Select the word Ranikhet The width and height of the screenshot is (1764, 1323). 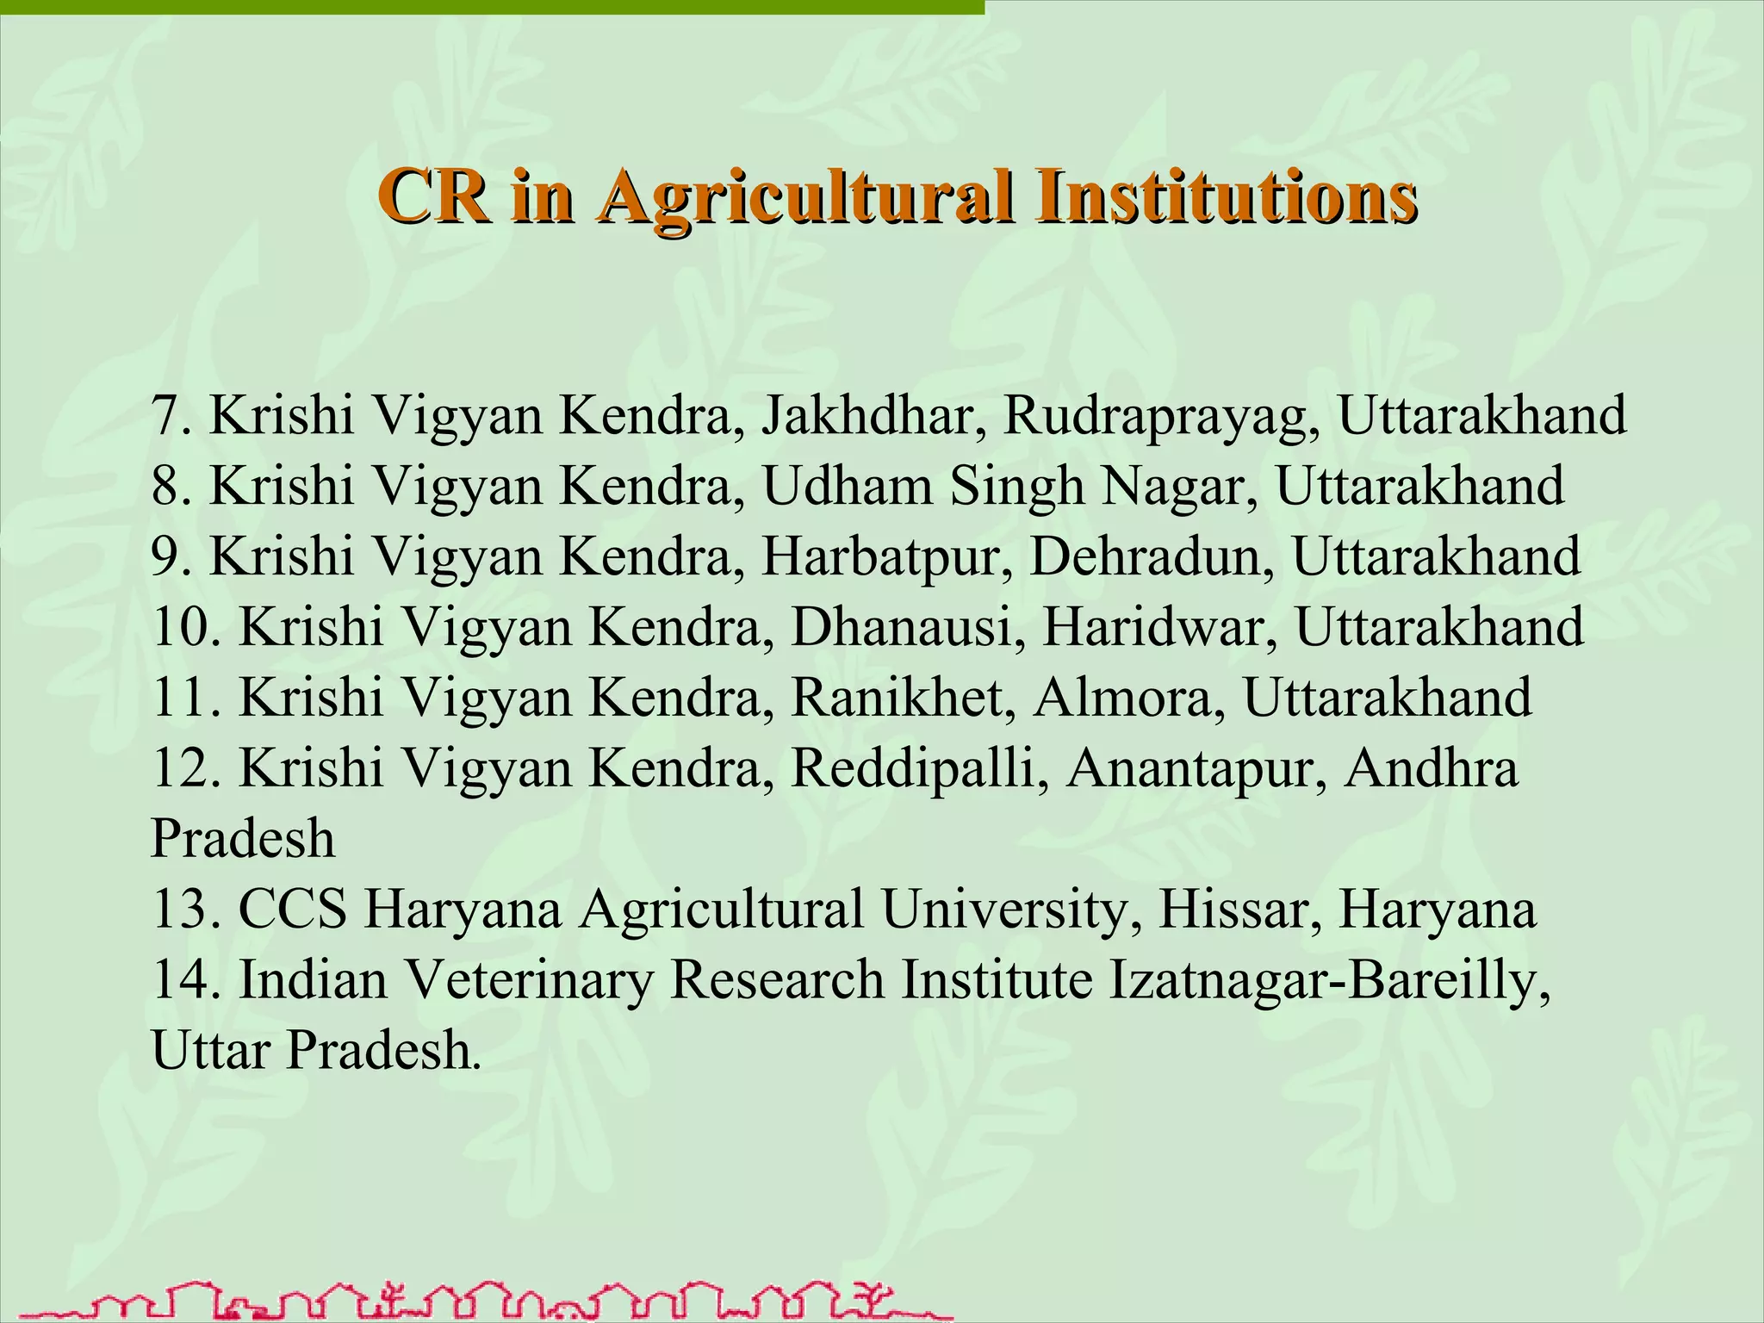coord(898,698)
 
